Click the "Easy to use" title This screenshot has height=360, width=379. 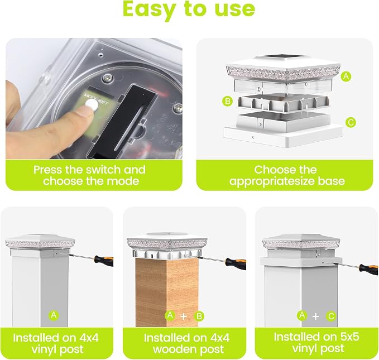coord(189,9)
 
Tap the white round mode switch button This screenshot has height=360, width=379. coord(92,105)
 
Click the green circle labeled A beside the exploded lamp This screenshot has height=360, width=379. coord(346,76)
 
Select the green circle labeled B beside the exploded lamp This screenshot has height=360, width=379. coord(227,101)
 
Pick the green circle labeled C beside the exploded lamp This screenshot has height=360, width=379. coord(351,122)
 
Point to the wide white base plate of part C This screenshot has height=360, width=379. coord(284,137)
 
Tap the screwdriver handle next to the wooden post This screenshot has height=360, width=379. coord(236,263)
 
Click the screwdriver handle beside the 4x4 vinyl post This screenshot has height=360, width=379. coord(104,261)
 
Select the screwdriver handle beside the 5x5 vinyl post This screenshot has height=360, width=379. coord(368,270)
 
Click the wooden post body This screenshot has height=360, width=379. coord(167,292)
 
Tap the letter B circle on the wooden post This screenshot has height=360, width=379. coord(199,316)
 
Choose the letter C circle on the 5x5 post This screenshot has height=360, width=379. coord(331,316)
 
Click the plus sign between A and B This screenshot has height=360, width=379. coord(184,316)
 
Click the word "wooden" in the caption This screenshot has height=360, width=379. coord(173,349)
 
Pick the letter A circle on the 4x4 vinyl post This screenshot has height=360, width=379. coord(54,315)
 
